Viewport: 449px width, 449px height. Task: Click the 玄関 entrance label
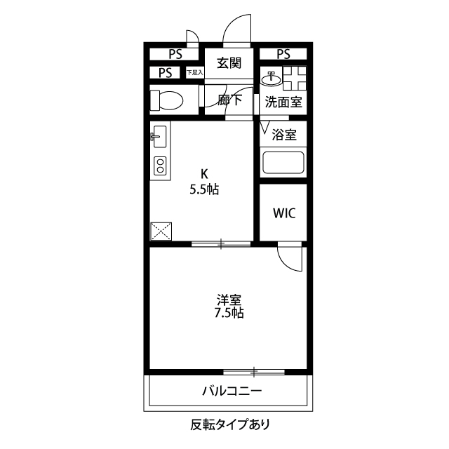pos(229,63)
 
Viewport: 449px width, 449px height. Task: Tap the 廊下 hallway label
pos(229,100)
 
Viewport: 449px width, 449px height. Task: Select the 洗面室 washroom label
pos(283,102)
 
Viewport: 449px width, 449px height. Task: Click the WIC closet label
pos(283,213)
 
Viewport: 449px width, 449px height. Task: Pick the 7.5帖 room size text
pos(229,313)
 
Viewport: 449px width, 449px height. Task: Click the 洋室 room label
pos(229,299)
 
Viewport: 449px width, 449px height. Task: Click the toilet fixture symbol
pos(166,100)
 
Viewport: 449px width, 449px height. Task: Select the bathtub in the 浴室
pos(283,163)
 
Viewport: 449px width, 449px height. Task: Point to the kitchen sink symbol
pos(158,136)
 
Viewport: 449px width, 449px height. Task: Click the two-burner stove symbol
pos(160,166)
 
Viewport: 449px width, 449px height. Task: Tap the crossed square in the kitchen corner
pos(161,231)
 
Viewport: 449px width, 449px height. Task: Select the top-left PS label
pos(175,54)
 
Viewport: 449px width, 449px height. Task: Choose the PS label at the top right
pos(283,54)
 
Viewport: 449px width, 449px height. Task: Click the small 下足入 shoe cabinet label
pos(194,72)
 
